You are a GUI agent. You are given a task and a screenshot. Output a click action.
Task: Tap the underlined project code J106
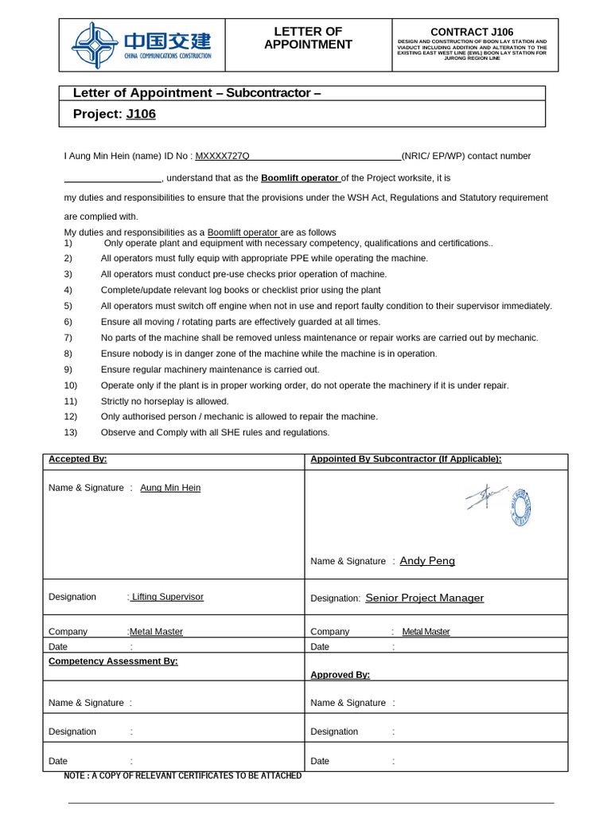141,114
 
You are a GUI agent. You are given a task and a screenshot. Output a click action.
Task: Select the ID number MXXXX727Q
222,156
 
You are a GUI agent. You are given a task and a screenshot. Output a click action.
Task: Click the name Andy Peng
427,561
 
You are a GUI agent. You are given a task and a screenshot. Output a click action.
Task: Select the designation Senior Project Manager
424,598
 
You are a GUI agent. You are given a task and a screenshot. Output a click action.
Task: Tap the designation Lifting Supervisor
167,596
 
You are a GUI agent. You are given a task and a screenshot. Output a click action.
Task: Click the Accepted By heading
77,459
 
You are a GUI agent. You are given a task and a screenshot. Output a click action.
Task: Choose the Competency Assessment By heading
113,661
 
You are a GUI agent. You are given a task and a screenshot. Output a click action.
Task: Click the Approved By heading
340,675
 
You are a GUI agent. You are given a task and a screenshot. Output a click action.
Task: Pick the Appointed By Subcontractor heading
406,459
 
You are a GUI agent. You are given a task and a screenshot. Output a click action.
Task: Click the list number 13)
70,432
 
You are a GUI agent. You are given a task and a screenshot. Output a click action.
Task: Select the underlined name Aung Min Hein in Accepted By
170,488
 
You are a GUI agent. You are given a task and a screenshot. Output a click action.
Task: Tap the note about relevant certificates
183,775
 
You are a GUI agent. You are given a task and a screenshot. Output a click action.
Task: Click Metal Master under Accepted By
156,632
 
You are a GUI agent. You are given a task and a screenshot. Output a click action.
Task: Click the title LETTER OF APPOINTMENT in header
308,38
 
